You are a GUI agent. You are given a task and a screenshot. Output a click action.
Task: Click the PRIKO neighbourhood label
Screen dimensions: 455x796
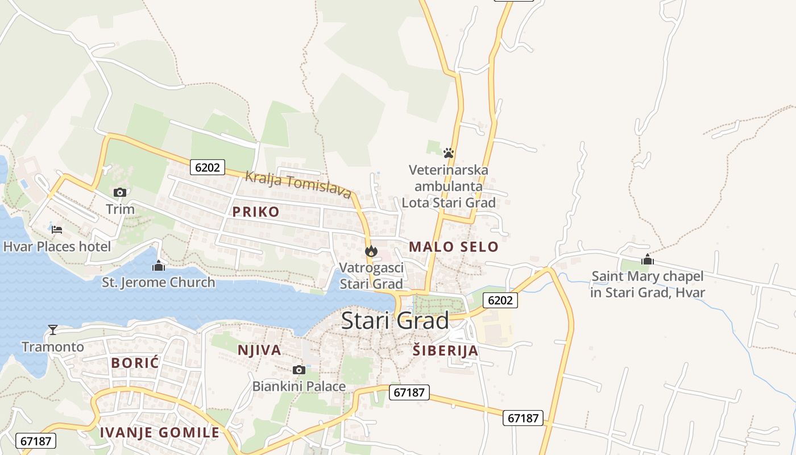pos(256,212)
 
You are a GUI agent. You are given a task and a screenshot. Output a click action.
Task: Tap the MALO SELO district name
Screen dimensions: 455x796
pos(453,247)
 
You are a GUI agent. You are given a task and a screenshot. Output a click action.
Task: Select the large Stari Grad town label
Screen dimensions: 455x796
pos(395,321)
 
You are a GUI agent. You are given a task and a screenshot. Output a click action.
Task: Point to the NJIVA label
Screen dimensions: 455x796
pos(260,350)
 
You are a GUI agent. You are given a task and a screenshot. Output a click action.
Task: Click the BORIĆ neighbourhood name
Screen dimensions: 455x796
pos(135,363)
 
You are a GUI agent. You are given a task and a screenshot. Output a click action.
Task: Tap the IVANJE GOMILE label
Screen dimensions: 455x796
pos(160,432)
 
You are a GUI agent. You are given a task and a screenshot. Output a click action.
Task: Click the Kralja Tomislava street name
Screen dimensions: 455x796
pos(297,184)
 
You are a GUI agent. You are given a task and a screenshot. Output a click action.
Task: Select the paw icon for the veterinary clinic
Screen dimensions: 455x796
pos(449,153)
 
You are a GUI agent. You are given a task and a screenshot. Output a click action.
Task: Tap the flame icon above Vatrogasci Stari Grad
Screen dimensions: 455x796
pos(371,251)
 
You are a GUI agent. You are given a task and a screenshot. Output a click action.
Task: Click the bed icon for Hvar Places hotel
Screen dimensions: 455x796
pos(57,230)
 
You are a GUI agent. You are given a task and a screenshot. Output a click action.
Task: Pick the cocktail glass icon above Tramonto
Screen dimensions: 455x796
pos(53,330)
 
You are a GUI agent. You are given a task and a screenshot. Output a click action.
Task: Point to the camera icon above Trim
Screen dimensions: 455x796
pos(120,192)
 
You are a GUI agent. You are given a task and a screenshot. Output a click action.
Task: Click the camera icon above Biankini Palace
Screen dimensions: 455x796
pos(299,370)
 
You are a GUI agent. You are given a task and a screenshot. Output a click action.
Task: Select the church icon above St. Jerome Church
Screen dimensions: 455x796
pos(159,266)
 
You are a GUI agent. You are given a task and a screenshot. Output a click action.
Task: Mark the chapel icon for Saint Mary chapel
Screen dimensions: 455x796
pos(647,260)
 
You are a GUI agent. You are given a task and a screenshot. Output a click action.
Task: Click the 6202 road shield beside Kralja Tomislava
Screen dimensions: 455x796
pos(208,167)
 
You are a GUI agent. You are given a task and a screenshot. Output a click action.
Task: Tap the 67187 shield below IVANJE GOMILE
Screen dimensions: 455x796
pos(36,440)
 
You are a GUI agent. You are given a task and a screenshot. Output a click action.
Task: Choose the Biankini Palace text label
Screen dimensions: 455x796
pos(299,387)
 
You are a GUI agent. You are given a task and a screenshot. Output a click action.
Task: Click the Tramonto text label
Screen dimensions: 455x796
pos(53,347)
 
